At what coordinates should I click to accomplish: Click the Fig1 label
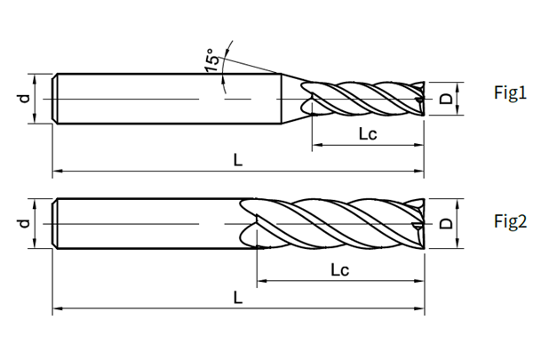[x=511, y=93]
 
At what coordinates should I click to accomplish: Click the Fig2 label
[x=511, y=221]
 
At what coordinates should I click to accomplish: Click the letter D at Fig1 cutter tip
[x=445, y=98]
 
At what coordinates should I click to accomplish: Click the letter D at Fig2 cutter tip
[x=445, y=223]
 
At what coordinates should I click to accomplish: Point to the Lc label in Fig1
[x=369, y=135]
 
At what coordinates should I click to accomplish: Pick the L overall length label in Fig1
[x=237, y=159]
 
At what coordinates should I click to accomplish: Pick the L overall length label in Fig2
[x=237, y=297]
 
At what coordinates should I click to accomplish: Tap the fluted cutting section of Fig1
[x=364, y=97]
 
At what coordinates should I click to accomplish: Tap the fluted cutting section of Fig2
[x=338, y=222]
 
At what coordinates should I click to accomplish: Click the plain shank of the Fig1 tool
[x=160, y=98]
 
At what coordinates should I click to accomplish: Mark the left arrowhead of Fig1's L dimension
[x=58, y=168]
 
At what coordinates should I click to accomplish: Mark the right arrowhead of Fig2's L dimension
[x=420, y=309]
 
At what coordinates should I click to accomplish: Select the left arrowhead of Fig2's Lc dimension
[x=260, y=283]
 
